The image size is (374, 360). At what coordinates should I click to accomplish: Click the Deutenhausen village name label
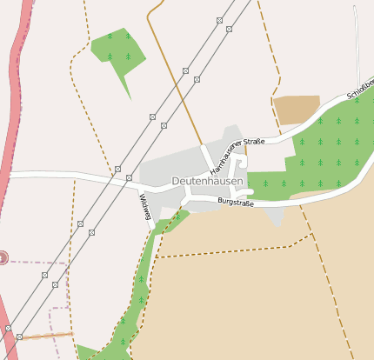[x=207, y=180]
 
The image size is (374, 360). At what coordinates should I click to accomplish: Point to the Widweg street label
[x=144, y=209]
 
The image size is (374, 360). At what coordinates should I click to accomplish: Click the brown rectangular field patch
[x=297, y=110]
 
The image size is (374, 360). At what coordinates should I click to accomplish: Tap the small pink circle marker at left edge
[x=3, y=257]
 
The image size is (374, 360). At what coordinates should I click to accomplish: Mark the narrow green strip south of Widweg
[x=139, y=287]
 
